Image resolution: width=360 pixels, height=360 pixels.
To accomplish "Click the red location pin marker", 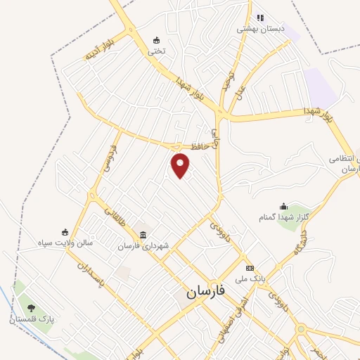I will (x=181, y=166).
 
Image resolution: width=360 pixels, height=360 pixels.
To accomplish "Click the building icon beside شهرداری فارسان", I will (x=143, y=233).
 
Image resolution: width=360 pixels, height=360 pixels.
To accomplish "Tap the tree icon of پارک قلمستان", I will (x=31, y=307).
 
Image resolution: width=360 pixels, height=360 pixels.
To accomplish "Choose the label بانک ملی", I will (x=252, y=279).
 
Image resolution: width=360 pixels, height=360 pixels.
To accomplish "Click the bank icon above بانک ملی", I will (x=250, y=268).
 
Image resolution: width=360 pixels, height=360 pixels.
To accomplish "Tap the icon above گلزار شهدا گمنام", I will (x=283, y=206).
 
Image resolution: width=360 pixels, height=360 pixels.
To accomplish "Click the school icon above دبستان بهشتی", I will (x=260, y=18).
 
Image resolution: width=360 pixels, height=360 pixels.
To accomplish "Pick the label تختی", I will (x=156, y=51).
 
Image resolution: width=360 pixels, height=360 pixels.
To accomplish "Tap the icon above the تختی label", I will (x=156, y=39).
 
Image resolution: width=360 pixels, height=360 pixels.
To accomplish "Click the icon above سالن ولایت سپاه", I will (x=65, y=232).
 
